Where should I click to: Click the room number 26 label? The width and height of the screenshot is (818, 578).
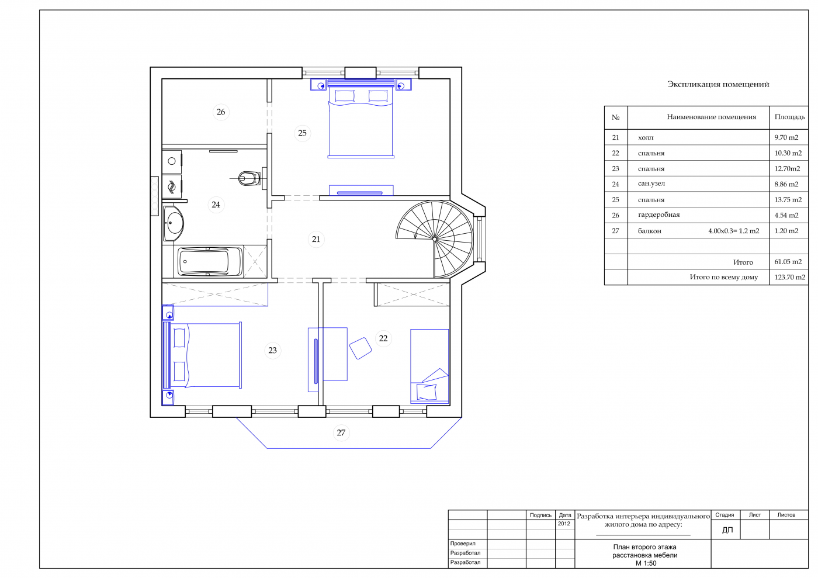point(221,112)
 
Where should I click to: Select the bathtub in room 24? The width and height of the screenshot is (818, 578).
point(210,262)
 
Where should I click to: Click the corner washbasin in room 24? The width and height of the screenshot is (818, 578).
point(173,223)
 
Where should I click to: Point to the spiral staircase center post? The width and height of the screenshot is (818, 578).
point(435,239)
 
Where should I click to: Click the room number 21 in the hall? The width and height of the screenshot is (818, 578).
point(316,239)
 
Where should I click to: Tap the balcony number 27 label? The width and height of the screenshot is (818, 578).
point(341,432)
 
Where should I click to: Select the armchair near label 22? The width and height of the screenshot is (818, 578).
point(361,348)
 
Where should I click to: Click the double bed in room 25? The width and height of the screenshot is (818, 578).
point(361,119)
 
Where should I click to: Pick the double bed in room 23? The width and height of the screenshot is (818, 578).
point(202,355)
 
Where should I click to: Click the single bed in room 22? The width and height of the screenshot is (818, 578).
point(429,366)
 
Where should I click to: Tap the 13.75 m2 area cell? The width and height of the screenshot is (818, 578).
point(788,200)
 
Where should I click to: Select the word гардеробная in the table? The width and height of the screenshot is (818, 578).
point(659,215)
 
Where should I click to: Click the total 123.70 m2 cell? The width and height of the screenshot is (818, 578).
point(789,277)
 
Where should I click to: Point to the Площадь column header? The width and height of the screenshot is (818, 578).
point(789,117)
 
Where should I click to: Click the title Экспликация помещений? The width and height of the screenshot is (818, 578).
point(718,84)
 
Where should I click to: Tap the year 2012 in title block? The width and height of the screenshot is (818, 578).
point(564,524)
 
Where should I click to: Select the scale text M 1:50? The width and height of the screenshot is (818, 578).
point(646,563)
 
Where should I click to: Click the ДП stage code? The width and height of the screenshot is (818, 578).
point(727,529)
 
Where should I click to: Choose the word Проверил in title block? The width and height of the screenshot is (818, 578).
point(463,544)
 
